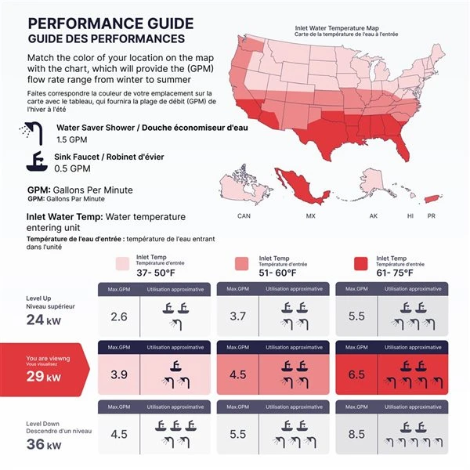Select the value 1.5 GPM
pos(73,139)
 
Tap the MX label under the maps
pos(310,215)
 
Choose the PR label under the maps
pos(431,215)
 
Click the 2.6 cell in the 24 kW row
pos(119,317)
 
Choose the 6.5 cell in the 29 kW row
pos(356,374)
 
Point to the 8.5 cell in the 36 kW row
pos(356,433)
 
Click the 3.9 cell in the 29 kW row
pos(119,374)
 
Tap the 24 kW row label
pos(43,319)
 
